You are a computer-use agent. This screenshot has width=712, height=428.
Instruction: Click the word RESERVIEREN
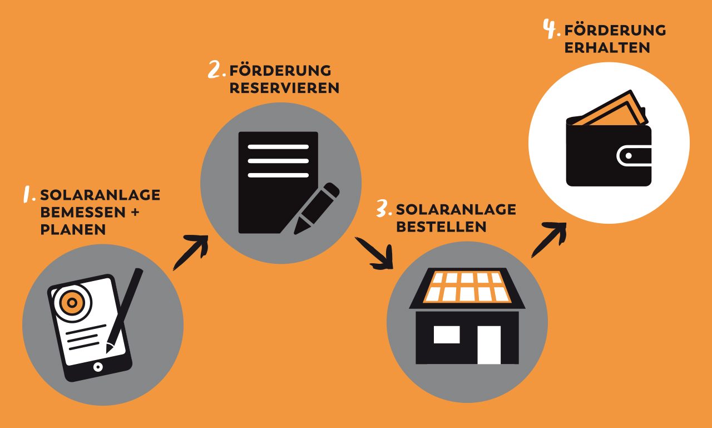click(284, 88)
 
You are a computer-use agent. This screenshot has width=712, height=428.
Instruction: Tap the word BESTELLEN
click(441, 227)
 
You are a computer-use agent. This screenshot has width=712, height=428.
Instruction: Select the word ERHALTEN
click(607, 48)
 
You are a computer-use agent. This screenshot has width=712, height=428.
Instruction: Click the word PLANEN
click(73, 230)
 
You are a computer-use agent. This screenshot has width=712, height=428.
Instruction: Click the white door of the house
click(489, 345)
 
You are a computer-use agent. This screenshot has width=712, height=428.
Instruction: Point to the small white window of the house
click(447, 334)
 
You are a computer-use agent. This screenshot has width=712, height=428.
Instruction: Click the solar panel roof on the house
click(467, 286)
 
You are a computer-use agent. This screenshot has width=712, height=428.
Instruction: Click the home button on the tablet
click(98, 366)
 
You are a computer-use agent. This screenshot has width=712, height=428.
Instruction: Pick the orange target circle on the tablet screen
click(71, 302)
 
